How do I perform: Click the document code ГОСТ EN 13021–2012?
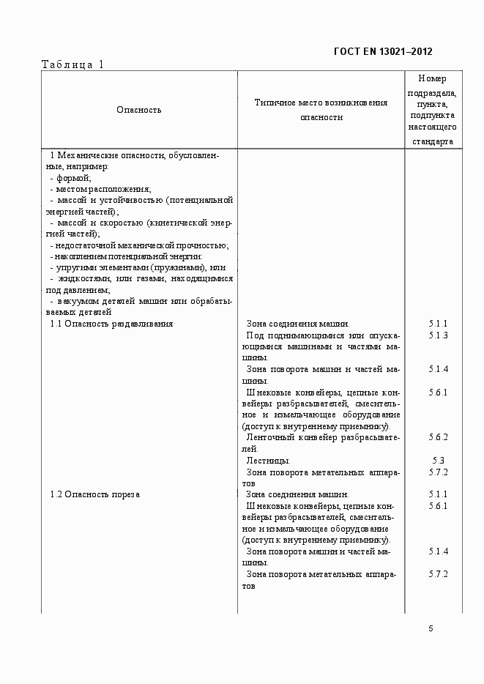coord(383,51)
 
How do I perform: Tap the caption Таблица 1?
coord(73,64)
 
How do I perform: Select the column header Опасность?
coord(138,110)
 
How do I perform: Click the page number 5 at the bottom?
coord(431,628)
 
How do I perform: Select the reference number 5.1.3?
coord(439,335)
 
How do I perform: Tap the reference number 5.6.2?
coord(439,437)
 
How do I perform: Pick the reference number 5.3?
coord(439,461)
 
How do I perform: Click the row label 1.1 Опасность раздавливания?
coord(111,324)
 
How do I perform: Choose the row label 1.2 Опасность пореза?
coord(94,494)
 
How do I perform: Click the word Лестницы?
coord(269,461)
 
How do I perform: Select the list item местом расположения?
coord(99,189)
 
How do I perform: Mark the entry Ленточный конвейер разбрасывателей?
coord(322,438)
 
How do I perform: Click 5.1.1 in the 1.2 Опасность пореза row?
coord(439,494)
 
